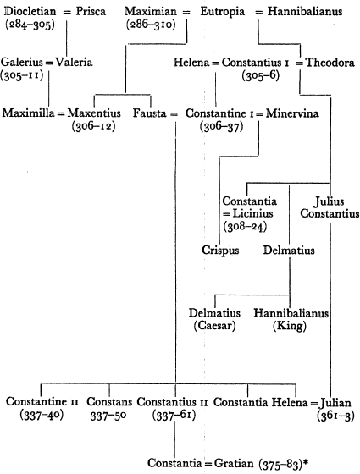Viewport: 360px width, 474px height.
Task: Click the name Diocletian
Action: pos(30,12)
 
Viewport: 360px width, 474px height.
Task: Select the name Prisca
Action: pos(91,12)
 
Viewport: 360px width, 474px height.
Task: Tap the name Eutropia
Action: pos(222,12)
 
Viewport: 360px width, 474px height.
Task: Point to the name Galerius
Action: pos(22,63)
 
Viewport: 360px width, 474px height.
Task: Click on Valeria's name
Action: pos(74,63)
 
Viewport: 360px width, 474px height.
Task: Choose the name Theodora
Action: pos(330,63)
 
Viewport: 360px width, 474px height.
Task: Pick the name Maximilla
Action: pos(29,113)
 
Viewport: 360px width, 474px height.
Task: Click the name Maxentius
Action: pos(94,113)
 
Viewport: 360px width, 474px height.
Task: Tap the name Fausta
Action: pos(150,113)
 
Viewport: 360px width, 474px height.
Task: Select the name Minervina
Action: pos(292,113)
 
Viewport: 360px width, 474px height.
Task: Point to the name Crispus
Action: pos(220,251)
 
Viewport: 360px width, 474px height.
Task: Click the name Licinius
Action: pos(252,213)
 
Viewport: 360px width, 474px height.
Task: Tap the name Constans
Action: pos(109,402)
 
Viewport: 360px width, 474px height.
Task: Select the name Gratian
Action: pos(234,463)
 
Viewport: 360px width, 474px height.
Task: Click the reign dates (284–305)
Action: pos(30,25)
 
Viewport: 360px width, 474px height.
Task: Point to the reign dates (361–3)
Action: pos(335,416)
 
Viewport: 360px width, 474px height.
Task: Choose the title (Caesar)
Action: pos(215,326)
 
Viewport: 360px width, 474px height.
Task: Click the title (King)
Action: pos(290,326)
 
